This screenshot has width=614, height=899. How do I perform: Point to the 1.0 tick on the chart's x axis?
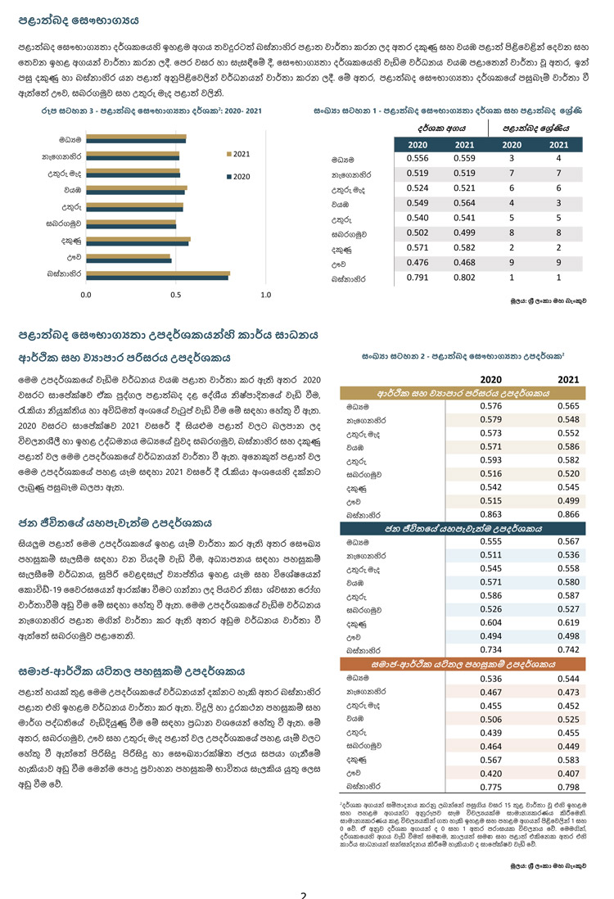click(265, 294)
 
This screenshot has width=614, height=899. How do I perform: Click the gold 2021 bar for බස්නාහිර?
click(158, 273)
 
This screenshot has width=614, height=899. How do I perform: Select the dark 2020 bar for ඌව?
click(128, 261)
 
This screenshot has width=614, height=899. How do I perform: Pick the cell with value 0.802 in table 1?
click(463, 278)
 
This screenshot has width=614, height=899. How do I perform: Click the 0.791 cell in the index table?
click(418, 278)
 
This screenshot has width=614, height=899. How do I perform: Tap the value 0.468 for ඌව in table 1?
click(463, 263)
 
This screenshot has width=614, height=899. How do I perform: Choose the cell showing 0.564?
click(463, 202)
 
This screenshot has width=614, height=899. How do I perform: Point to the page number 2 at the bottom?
click(303, 894)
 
